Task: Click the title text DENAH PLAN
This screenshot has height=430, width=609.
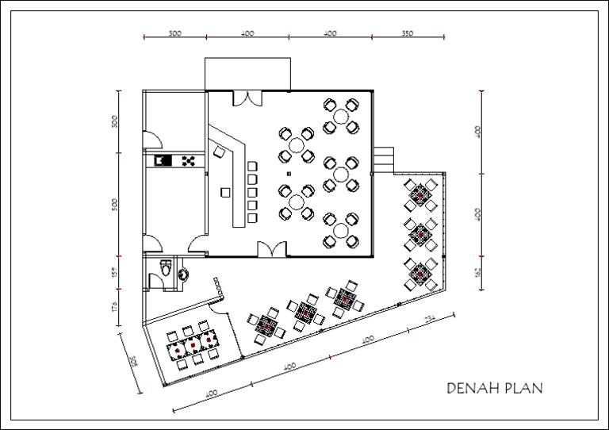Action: tap(495, 389)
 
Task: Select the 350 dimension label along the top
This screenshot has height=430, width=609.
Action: tap(407, 33)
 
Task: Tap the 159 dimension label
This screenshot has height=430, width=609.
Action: tap(115, 273)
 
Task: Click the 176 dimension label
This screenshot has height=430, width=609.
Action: tap(115, 306)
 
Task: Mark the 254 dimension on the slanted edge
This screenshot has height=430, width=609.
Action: tap(429, 319)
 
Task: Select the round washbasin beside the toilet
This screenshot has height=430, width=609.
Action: tap(184, 274)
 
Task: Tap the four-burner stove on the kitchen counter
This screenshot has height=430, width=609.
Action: tap(189, 161)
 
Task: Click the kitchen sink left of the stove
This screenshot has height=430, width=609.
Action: tap(163, 161)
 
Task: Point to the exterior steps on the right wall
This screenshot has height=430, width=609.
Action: tap(384, 157)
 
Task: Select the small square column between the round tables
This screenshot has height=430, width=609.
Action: tap(289, 172)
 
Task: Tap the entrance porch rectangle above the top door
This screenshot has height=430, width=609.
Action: tap(250, 74)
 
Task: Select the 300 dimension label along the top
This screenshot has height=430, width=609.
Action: tap(175, 33)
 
